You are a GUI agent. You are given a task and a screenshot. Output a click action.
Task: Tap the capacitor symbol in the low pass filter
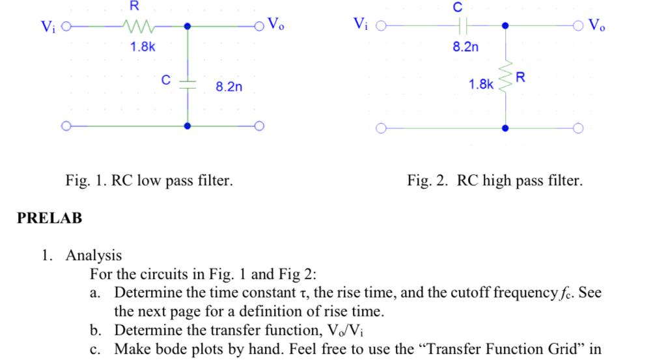pyautogui.click(x=187, y=83)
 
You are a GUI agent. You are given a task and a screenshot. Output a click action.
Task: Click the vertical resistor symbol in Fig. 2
pyautogui.click(x=505, y=82)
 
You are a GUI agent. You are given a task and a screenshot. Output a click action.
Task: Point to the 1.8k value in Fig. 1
pyautogui.click(x=141, y=47)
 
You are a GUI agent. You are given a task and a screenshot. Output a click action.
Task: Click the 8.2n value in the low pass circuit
pyautogui.click(x=228, y=87)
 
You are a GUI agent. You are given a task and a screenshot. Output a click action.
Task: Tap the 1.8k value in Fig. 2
pyautogui.click(x=480, y=84)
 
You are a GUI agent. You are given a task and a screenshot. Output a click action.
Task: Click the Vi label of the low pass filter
pyautogui.click(x=48, y=27)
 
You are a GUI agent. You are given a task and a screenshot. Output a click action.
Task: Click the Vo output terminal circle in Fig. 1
pyautogui.click(x=260, y=27)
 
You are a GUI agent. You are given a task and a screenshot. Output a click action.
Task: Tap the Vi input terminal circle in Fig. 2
pyautogui.click(x=382, y=27)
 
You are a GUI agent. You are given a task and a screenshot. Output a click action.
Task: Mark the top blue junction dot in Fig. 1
pyautogui.click(x=187, y=27)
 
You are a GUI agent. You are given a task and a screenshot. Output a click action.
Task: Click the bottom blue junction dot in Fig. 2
pyautogui.click(x=505, y=128)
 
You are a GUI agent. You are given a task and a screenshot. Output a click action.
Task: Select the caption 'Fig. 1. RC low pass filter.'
pyautogui.click(x=149, y=180)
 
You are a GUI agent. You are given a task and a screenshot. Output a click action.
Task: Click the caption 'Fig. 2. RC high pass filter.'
pyautogui.click(x=495, y=180)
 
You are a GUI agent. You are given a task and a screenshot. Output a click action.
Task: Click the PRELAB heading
pyautogui.click(x=49, y=218)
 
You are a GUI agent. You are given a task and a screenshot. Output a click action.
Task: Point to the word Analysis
pyautogui.click(x=93, y=255)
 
